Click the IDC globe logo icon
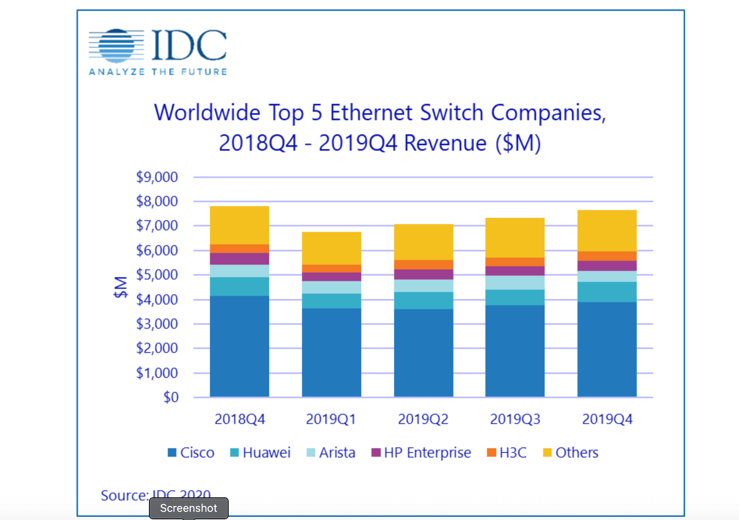116,46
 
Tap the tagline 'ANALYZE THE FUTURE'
158,72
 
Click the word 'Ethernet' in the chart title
371,113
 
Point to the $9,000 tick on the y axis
157,177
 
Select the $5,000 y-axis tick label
157,275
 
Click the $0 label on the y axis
171,397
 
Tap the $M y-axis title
121,287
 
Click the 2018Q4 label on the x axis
240,419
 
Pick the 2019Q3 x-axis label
515,419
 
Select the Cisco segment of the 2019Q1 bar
331,351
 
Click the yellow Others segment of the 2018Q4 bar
240,225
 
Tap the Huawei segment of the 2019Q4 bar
607,292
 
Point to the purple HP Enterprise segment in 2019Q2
423,274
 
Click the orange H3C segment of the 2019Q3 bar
515,262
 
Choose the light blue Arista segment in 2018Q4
240,271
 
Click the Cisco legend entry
191,453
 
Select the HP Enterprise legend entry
421,453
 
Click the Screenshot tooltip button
189,508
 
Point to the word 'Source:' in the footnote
124,495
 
